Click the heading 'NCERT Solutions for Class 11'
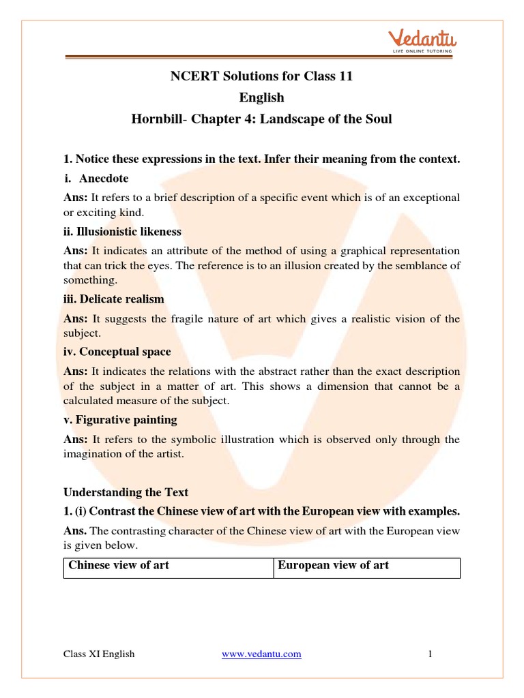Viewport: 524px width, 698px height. point(261,76)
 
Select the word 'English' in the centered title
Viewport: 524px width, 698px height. point(261,97)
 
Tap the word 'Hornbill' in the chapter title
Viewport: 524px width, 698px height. point(154,119)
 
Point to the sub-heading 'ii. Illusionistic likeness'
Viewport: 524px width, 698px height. point(122,232)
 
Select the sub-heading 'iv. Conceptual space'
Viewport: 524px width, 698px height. point(117,352)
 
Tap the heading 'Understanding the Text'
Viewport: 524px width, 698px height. point(126,492)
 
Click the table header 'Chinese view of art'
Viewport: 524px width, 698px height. point(119,566)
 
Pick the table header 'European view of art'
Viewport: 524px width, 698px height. point(334,566)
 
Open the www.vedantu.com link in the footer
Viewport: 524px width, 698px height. point(261,654)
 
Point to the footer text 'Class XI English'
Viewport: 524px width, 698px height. point(99,654)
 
